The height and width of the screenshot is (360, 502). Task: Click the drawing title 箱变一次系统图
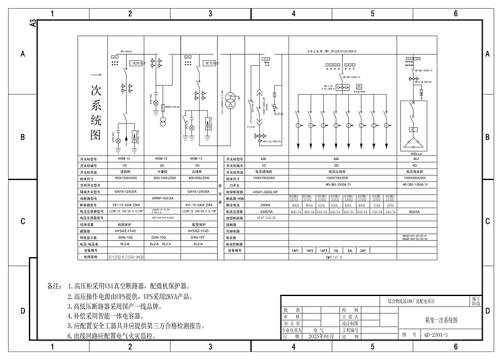tap(437, 320)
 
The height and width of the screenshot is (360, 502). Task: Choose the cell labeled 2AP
tap(363, 250)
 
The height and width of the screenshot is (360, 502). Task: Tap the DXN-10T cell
tap(198, 238)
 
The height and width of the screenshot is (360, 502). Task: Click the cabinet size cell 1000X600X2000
tap(416, 178)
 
